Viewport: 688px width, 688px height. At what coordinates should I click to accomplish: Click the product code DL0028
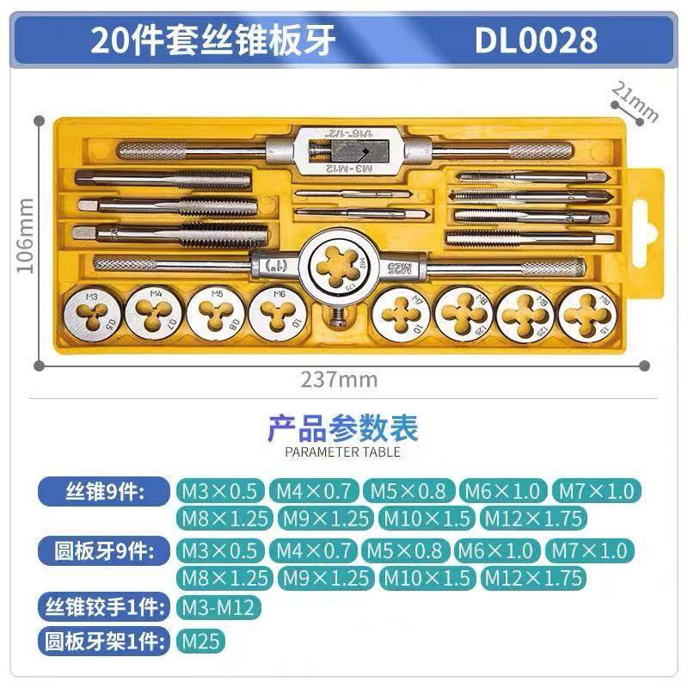536,40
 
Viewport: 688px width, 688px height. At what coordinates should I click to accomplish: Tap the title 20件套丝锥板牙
214,40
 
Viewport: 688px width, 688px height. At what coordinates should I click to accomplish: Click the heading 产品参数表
342,427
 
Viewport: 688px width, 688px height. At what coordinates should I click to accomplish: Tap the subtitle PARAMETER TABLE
342,451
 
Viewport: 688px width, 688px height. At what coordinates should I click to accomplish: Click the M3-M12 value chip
218,608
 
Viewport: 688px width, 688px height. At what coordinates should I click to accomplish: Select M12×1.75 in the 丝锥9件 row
533,519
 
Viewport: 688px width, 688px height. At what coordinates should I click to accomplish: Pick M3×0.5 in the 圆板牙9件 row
219,550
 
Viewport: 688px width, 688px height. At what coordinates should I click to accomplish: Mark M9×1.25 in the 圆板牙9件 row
326,577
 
